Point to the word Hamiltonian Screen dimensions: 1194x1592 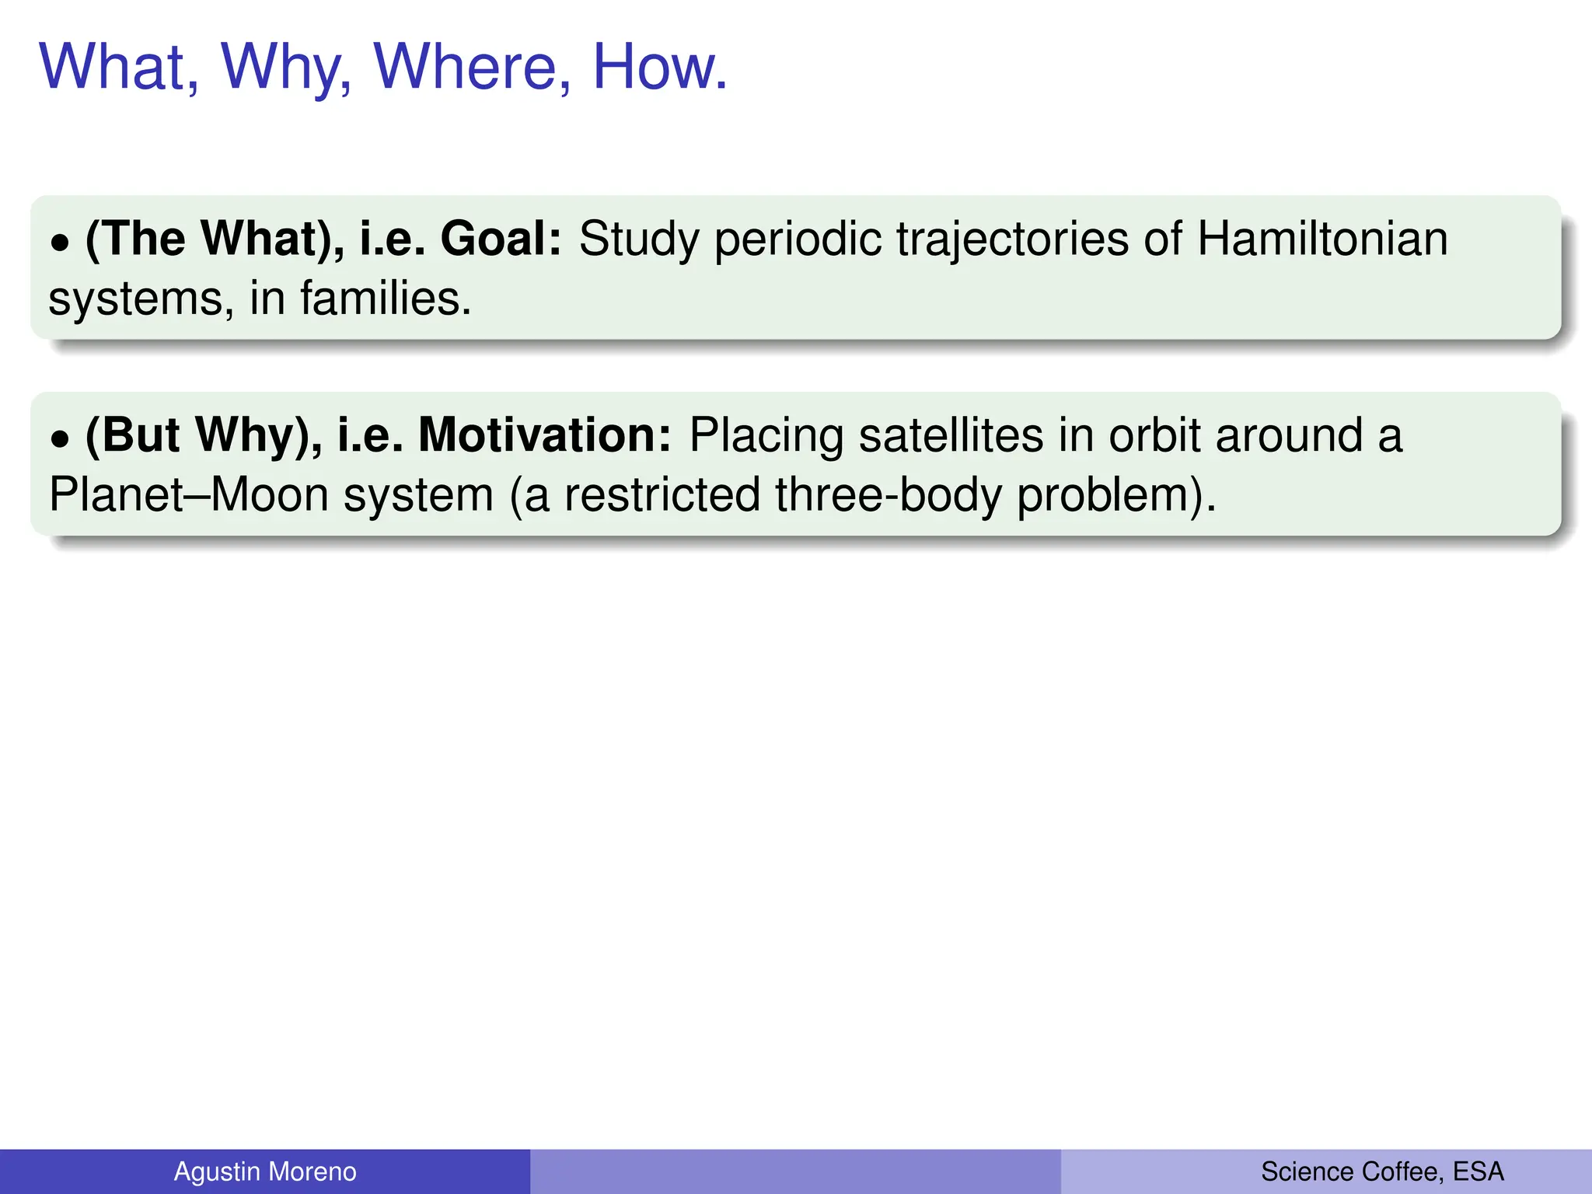point(1322,239)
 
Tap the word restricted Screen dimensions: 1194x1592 point(662,495)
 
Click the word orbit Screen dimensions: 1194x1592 point(1154,435)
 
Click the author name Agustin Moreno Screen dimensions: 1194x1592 point(265,1171)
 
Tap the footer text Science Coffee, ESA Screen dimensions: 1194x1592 point(1382,1171)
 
